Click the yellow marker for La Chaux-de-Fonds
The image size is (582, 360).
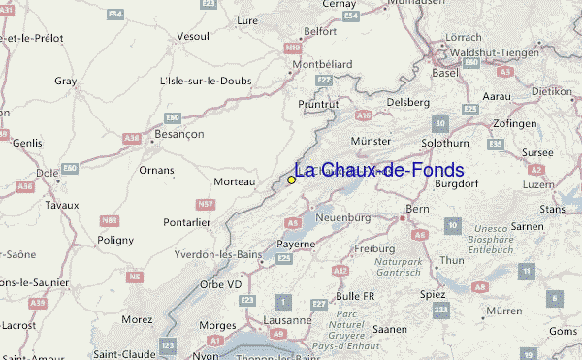click(291, 180)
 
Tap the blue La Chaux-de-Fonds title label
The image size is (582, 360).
click(379, 170)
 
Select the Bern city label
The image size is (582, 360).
click(417, 209)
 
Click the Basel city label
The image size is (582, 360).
click(445, 73)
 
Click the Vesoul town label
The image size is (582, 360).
click(194, 36)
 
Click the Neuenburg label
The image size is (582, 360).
click(346, 218)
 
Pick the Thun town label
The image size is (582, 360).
click(452, 260)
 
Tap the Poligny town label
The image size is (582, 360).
click(115, 239)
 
